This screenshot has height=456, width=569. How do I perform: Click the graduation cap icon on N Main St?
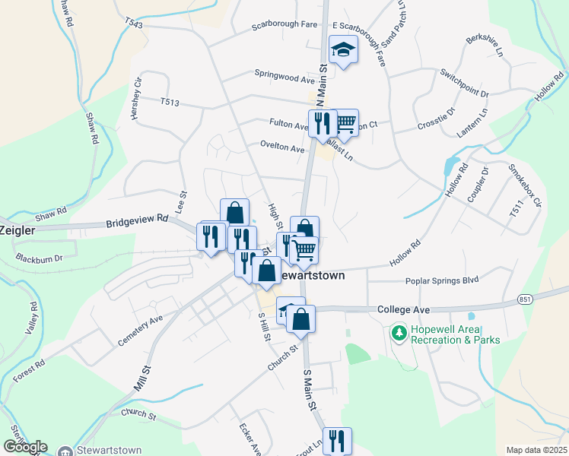(343, 50)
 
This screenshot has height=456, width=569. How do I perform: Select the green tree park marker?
(398, 333)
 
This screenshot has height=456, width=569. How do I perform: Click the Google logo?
(25, 446)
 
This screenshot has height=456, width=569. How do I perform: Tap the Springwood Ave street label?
(284, 78)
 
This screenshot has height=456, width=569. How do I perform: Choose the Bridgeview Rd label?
(137, 221)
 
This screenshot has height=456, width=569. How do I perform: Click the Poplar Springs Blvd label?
(442, 280)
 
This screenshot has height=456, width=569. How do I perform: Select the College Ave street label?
(404, 309)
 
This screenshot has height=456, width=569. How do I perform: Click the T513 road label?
(170, 101)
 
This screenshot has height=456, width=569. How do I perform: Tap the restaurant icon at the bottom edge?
(335, 440)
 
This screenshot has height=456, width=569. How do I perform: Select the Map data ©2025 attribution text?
(536, 450)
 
